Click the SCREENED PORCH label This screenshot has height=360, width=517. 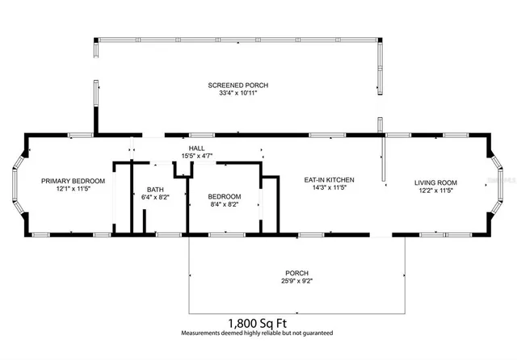(x=238, y=85)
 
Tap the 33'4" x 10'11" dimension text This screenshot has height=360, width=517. (x=238, y=94)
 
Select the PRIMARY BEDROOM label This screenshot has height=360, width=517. (x=69, y=182)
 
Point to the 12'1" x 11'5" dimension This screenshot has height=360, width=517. (x=69, y=191)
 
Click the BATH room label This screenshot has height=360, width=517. (x=154, y=189)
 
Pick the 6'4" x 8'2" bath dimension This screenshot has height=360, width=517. (x=154, y=197)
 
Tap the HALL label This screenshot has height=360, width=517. (x=197, y=149)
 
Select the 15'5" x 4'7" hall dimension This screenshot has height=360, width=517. (x=197, y=157)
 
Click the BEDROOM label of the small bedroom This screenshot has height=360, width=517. (x=224, y=197)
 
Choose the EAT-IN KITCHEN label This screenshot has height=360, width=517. (x=329, y=180)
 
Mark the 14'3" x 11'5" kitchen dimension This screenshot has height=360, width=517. (x=329, y=189)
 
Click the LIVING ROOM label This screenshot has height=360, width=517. (x=436, y=182)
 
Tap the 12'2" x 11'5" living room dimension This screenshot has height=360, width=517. (x=436, y=191)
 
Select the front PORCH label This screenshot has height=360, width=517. (x=297, y=274)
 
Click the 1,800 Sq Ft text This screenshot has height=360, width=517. (x=257, y=322)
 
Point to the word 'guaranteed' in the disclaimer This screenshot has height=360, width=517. (x=315, y=333)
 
